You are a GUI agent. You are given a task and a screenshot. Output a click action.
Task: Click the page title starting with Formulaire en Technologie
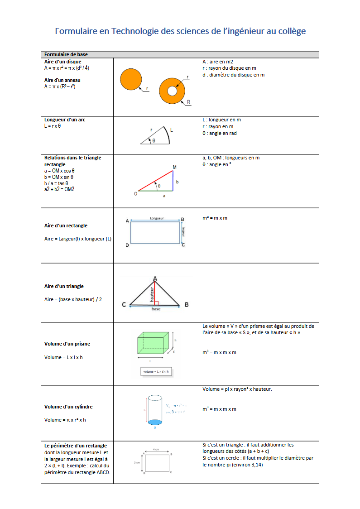(180, 31)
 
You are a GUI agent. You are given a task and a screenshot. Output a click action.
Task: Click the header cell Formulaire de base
(66, 54)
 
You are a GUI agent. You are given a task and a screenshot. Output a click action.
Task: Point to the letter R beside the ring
(188, 102)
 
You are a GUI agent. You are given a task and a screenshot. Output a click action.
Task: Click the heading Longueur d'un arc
(65, 120)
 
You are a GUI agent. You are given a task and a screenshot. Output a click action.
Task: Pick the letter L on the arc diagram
(171, 130)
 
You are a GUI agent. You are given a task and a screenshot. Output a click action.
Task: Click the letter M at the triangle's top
(174, 168)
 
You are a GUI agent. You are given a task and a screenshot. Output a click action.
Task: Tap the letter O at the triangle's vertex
(135, 194)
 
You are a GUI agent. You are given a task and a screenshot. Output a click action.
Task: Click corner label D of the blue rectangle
(127, 245)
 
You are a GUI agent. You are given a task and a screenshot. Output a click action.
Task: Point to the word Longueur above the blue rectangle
(157, 218)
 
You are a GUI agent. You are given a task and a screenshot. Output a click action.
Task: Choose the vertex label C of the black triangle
(124, 305)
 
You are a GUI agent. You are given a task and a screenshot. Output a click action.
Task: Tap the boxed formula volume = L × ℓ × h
(156, 372)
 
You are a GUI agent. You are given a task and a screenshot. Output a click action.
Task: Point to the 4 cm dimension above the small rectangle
(156, 449)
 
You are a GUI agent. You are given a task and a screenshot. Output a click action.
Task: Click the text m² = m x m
(215, 218)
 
